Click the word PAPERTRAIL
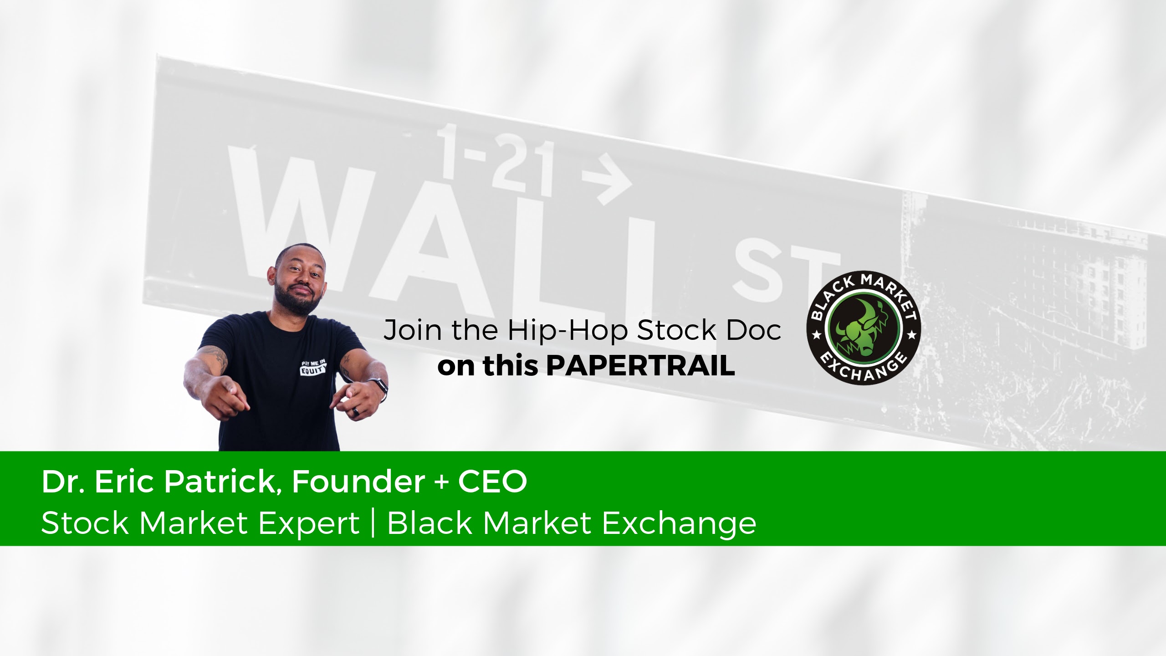point(640,366)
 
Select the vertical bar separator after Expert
point(373,524)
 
